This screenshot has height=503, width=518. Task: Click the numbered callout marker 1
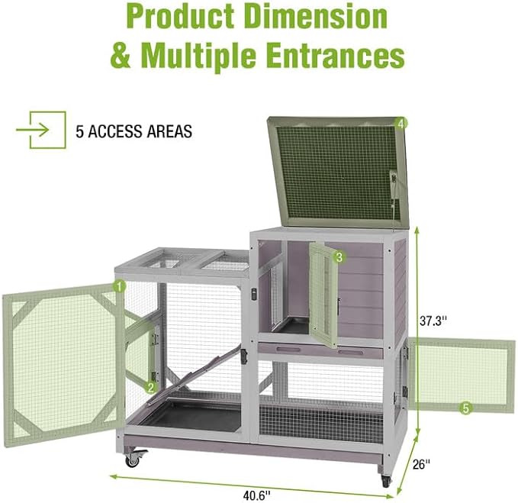pos(120,286)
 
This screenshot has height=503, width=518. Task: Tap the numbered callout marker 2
pos(151,388)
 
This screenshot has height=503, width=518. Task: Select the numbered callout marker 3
pos(339,256)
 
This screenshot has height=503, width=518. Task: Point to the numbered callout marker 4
pos(401,124)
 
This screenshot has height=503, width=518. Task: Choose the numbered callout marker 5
pos(465,408)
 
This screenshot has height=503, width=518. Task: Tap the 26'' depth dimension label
pos(421,464)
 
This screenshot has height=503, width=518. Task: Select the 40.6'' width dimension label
pos(256,495)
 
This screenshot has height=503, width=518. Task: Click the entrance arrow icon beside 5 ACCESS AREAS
pos(41,130)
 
